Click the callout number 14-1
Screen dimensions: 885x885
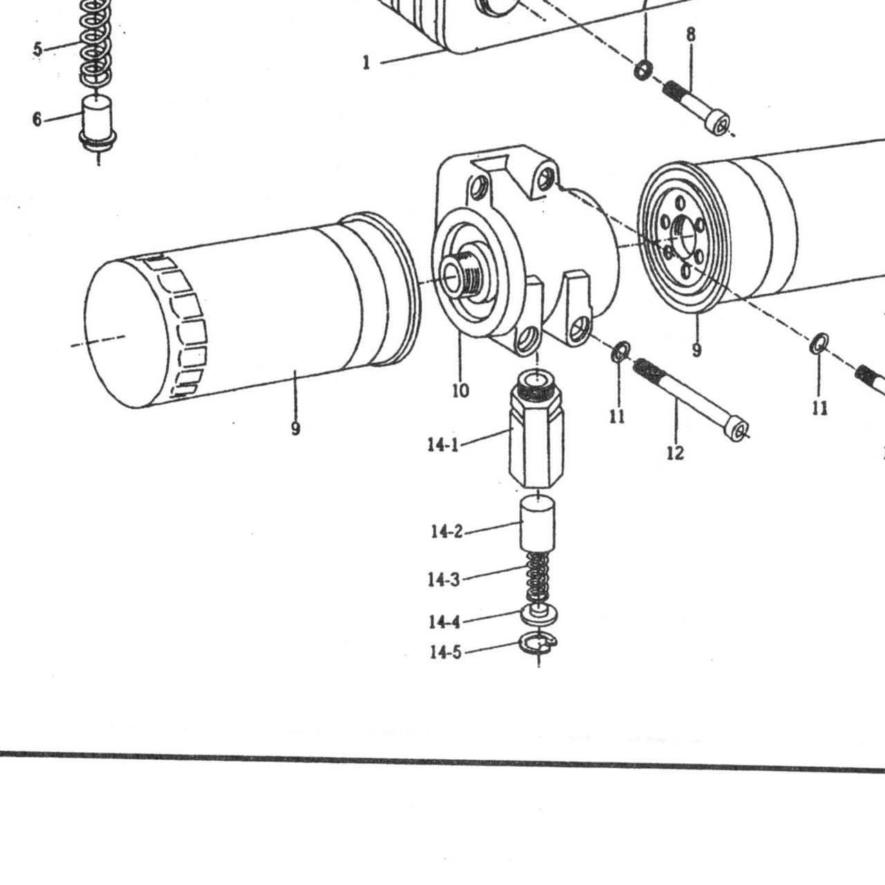[x=443, y=445]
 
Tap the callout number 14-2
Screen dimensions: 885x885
[x=447, y=532]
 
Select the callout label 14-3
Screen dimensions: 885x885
[x=444, y=579]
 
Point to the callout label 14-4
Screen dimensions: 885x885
[x=444, y=622]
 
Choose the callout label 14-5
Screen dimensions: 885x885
[x=445, y=652]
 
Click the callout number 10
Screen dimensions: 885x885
[x=460, y=391]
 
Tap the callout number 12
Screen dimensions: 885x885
[x=675, y=453]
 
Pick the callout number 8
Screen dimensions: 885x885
[x=691, y=35]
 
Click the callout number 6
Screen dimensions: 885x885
[x=37, y=119]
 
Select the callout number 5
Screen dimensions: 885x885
[x=37, y=48]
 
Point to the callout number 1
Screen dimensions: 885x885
[x=366, y=62]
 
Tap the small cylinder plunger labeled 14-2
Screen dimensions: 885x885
[x=537, y=523]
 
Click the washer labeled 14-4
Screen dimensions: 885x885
[x=539, y=615]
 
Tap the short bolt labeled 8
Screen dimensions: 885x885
[x=696, y=106]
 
